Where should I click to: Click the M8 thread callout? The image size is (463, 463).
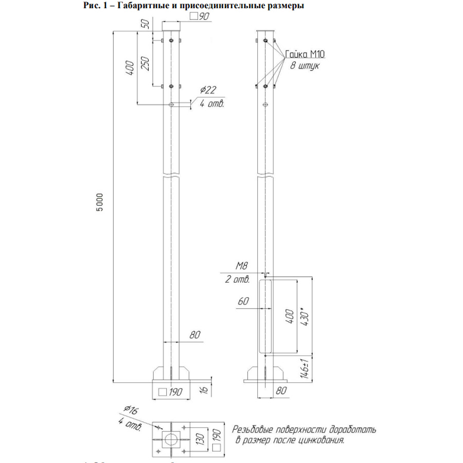(x=241, y=266)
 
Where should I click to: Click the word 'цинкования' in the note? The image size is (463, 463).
(x=319, y=441)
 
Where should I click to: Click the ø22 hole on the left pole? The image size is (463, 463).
(x=171, y=104)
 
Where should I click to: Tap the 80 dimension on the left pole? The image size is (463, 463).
(x=194, y=335)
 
